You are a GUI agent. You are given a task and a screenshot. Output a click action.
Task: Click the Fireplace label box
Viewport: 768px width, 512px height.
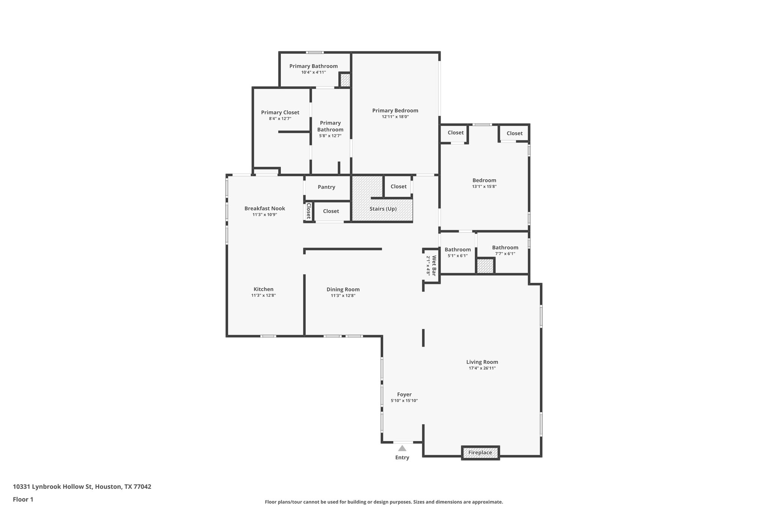coord(480,453)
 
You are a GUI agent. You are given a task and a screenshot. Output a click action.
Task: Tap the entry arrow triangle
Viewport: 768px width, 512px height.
coord(402,448)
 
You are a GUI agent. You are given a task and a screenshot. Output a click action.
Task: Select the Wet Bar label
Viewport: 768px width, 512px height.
coord(434,266)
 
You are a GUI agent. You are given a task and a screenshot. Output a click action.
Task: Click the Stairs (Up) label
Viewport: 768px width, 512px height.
coord(383,209)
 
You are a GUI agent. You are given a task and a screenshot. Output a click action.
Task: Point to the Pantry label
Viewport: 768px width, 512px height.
coord(326,187)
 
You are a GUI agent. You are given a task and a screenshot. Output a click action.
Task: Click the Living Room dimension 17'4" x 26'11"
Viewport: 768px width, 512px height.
coord(482,368)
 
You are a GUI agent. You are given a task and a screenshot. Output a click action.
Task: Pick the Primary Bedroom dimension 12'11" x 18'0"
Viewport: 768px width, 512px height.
coord(395,117)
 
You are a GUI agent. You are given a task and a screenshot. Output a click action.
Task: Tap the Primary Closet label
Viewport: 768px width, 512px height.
coord(280,113)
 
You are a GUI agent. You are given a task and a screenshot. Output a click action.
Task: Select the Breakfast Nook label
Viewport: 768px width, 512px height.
coord(265,209)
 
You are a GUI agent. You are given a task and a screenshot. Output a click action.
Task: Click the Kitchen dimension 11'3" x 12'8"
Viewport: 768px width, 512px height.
coord(264,296)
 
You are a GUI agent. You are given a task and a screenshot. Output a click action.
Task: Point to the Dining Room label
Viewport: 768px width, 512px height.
coord(343,289)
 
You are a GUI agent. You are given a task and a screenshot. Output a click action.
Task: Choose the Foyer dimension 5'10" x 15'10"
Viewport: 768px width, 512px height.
coord(404,401)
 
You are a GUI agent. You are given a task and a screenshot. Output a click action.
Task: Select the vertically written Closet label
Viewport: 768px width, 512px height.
coord(308,211)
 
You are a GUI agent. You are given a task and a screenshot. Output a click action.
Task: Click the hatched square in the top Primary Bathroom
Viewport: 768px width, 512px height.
coord(345,80)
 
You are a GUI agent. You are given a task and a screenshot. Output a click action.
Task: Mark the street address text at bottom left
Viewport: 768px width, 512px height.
coord(82,487)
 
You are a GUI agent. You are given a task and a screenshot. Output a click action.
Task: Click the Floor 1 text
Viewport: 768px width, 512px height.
coord(23,499)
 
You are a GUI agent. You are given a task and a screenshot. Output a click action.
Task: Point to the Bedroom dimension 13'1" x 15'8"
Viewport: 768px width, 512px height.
coord(484,186)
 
